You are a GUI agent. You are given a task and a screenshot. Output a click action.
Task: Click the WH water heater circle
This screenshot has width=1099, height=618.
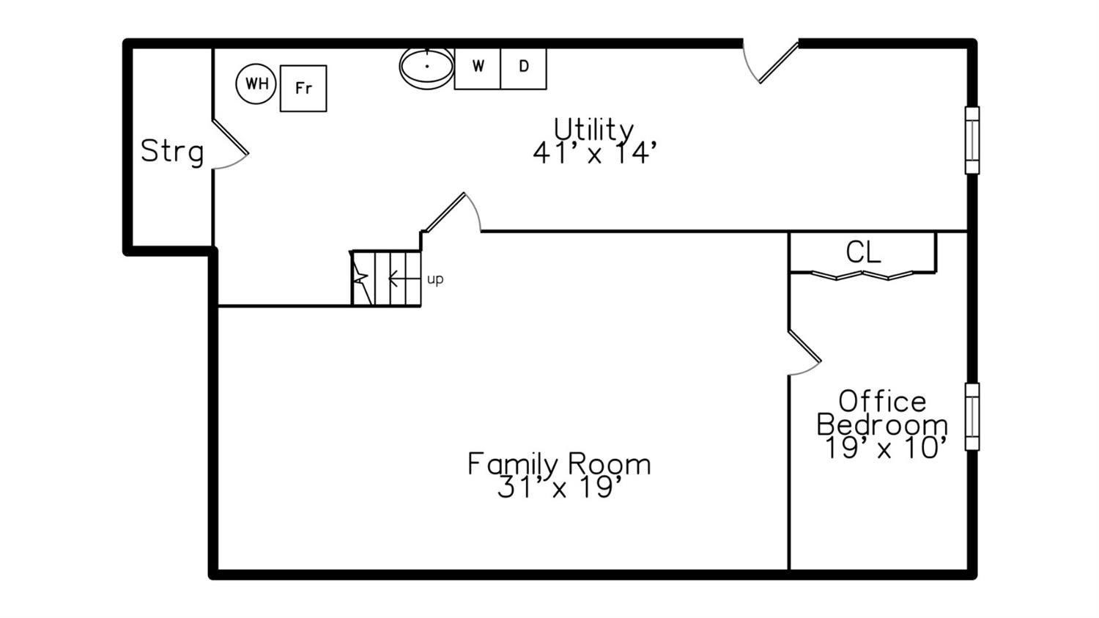click(x=256, y=84)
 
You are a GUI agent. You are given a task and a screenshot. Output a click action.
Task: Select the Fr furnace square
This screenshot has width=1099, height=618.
click(x=303, y=89)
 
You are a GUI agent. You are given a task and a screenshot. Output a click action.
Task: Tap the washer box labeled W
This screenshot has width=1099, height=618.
click(x=478, y=69)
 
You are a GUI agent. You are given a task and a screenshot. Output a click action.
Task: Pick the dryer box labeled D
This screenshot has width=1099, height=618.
click(x=524, y=69)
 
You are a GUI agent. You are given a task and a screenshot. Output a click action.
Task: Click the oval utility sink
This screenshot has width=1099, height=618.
click(x=427, y=67)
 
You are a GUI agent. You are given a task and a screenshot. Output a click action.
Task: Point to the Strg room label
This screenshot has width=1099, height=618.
click(x=171, y=152)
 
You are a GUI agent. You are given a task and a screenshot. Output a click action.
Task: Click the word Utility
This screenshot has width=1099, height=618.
click(x=593, y=130)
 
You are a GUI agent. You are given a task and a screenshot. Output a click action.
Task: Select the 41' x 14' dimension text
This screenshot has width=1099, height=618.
click(x=595, y=152)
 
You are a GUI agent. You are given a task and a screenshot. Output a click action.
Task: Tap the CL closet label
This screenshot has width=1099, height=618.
click(x=863, y=252)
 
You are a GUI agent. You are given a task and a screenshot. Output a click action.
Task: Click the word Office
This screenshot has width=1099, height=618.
click(x=882, y=402)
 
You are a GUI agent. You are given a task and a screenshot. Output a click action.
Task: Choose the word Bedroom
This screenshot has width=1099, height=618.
click(x=882, y=424)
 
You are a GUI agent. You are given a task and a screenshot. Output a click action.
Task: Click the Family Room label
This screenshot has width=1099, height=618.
click(x=559, y=464)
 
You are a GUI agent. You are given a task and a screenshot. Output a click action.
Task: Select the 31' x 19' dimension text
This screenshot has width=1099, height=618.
click(x=559, y=487)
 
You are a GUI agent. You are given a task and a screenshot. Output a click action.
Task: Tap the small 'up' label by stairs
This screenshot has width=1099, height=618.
click(x=435, y=280)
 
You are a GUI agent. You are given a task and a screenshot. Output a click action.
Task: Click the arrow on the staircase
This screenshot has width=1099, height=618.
click(x=404, y=279)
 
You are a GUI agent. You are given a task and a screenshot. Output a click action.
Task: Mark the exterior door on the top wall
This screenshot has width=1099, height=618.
click(x=771, y=62)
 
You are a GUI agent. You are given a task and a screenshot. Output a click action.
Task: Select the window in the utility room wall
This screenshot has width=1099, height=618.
click(x=972, y=140)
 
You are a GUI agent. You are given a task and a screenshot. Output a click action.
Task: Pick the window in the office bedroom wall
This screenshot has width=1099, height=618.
click(x=972, y=416)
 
